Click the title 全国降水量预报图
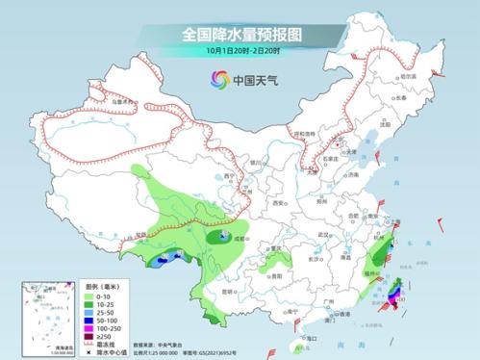pos(240,33)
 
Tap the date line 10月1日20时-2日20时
pos(240,50)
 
